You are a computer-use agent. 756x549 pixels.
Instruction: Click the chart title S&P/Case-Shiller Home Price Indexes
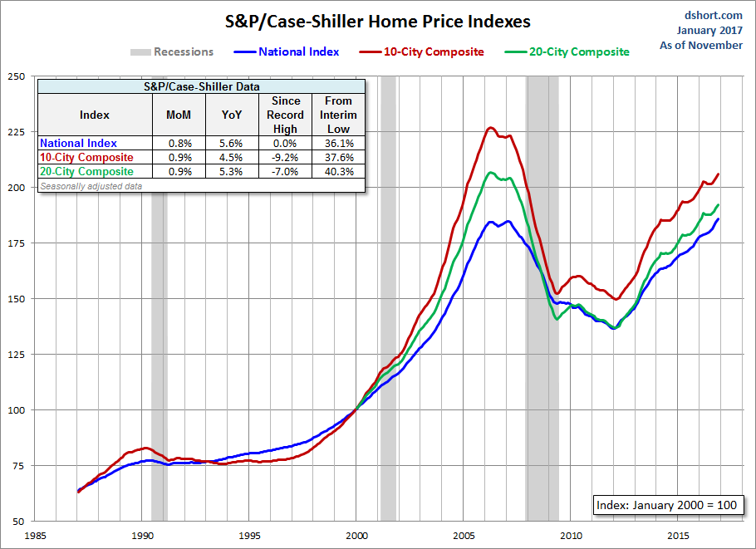[378, 21]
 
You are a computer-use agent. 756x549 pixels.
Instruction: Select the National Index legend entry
[298, 51]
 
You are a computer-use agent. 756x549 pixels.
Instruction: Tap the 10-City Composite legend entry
[433, 51]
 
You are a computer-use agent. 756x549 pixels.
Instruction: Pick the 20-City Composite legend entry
[578, 51]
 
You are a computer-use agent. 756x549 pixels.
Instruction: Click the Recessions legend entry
[183, 51]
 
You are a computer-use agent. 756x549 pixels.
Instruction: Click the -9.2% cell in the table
[286, 157]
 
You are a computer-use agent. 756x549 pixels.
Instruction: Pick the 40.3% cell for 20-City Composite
[338, 171]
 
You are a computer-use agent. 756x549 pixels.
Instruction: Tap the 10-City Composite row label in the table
[86, 157]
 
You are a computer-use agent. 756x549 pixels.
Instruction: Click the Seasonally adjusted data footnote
[91, 186]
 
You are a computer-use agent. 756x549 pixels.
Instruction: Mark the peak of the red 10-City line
[490, 127]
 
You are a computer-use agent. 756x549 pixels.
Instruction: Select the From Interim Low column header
[338, 115]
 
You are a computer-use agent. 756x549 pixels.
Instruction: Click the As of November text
[701, 45]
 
